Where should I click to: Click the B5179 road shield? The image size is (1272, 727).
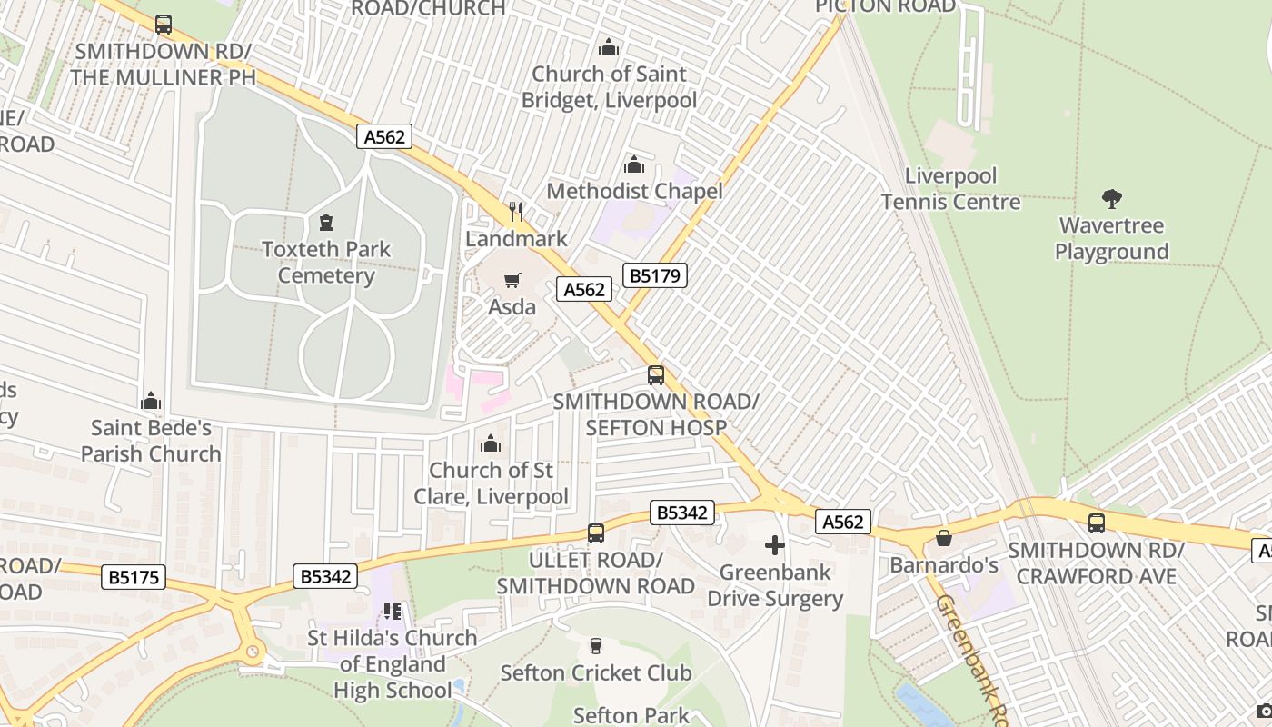654,275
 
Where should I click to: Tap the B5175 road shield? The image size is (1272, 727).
134,577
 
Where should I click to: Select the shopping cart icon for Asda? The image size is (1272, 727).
512,280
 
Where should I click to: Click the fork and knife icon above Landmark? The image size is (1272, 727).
516,212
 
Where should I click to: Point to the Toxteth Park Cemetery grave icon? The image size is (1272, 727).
326,222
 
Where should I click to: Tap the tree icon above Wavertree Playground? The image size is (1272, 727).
1111,198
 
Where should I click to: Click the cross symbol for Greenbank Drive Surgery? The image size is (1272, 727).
774,545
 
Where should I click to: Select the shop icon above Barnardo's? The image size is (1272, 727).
944,538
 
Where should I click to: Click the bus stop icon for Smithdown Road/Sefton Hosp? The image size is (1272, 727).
655,374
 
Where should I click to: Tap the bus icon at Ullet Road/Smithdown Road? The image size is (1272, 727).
596,533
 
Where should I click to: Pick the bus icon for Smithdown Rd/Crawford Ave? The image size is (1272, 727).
1097,523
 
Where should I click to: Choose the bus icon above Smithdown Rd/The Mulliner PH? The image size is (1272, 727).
164,25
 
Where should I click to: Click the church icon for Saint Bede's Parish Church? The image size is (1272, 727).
151,401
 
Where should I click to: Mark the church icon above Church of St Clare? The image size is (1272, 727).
491,443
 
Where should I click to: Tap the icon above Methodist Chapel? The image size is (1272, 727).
634,164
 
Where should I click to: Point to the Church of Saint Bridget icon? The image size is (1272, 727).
609,46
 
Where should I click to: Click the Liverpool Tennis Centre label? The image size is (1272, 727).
950,189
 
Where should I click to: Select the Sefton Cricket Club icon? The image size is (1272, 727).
596,646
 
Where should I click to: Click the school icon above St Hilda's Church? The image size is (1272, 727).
392,612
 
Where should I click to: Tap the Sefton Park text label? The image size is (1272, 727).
631,715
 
